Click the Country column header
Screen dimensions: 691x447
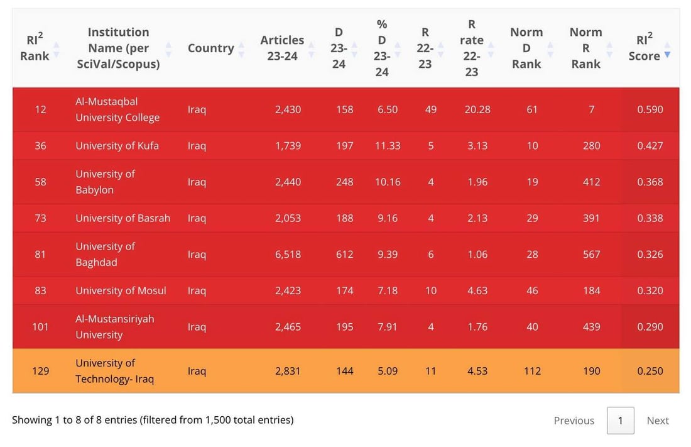pos(210,48)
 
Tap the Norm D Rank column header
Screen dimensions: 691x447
pos(526,48)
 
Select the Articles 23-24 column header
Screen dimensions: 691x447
pos(282,48)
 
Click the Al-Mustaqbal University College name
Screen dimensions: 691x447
pos(117,109)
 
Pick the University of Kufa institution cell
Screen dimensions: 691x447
pos(117,146)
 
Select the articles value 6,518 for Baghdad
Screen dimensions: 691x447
pos(288,254)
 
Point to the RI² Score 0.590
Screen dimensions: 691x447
pos(650,109)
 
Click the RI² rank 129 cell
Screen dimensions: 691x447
pos(41,371)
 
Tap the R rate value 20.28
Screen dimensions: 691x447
pos(477,109)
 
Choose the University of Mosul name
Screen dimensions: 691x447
pos(121,291)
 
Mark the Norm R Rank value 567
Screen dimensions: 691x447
pos(591,254)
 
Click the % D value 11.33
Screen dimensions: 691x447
pos(388,146)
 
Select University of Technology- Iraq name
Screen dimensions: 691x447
pos(114,371)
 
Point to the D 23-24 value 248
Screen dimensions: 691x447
pos(345,182)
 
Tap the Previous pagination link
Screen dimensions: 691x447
pos(574,421)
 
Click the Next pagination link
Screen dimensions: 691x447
pos(658,421)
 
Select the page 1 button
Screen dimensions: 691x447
pos(621,421)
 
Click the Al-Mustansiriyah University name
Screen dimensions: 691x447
pos(114,327)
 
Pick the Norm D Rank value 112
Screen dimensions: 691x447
pos(532,371)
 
